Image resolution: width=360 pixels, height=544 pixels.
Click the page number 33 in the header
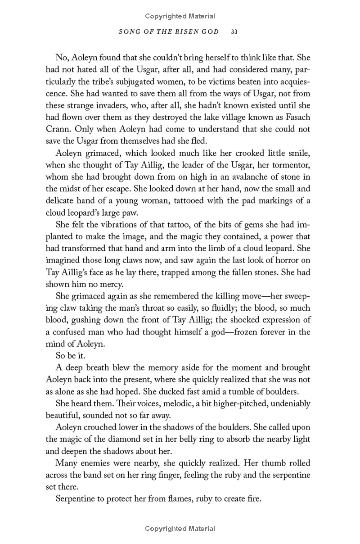(234, 32)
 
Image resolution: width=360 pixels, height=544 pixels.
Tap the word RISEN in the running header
(184, 32)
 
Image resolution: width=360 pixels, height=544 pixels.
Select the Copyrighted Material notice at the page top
(180, 16)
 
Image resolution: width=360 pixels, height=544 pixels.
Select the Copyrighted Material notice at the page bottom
(180, 529)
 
